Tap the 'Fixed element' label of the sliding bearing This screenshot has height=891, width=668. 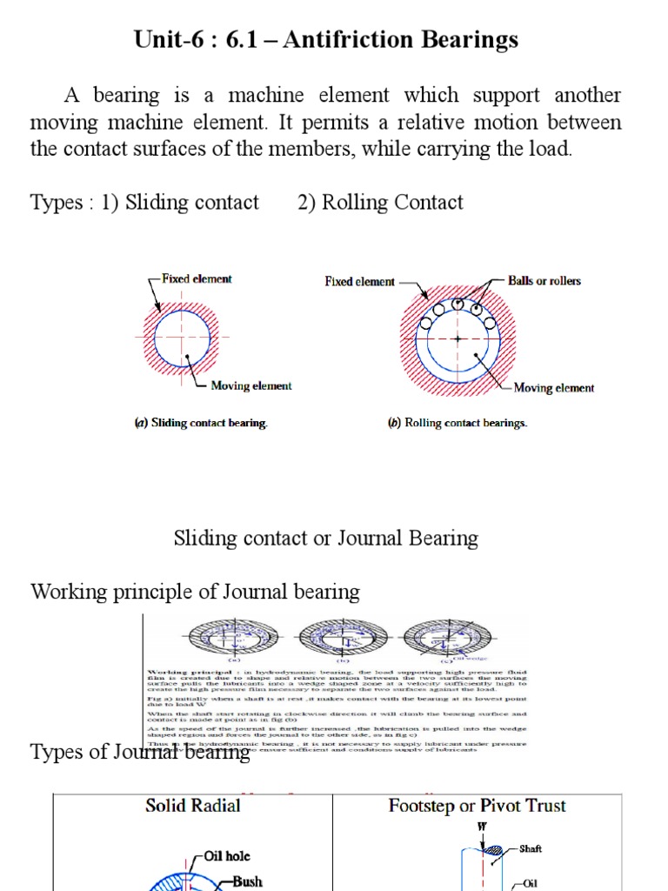[197, 279]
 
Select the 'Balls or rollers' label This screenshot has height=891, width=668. [544, 281]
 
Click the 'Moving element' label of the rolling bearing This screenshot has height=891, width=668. [554, 388]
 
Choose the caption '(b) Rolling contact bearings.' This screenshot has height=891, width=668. [458, 424]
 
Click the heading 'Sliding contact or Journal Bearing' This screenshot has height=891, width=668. [326, 538]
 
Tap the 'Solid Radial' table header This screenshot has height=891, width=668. [192, 806]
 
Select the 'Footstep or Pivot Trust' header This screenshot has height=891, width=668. [477, 806]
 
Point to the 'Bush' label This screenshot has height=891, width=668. [247, 881]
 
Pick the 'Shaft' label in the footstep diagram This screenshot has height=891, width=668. [531, 848]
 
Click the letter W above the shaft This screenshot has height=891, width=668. [482, 827]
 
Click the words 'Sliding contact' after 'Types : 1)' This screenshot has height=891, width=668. [192, 203]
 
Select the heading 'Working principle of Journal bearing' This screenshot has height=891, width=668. [195, 593]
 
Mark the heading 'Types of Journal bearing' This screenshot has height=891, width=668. [140, 752]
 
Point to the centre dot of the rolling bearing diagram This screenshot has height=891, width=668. [458, 338]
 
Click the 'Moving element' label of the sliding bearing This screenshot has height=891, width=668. [251, 385]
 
